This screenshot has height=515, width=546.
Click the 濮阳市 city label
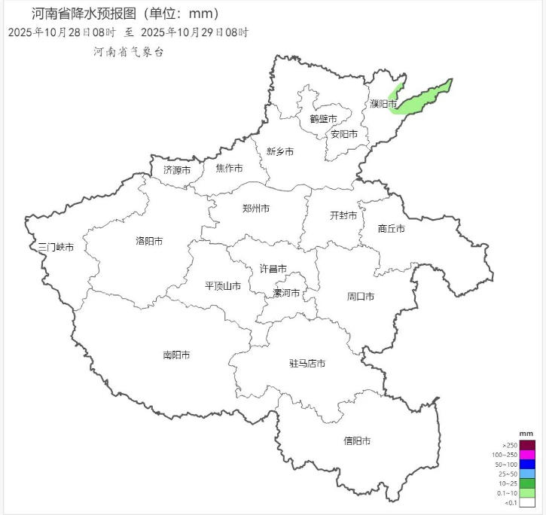(x=383, y=103)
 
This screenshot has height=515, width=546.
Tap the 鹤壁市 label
(x=323, y=118)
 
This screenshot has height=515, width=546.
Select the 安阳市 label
(x=343, y=134)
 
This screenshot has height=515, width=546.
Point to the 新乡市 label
(x=279, y=151)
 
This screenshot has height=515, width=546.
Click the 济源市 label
(x=177, y=169)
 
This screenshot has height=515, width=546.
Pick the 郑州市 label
(x=256, y=209)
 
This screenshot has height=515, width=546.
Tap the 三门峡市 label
(x=56, y=247)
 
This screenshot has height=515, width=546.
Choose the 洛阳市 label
(x=149, y=241)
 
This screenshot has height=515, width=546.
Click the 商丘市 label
(x=391, y=228)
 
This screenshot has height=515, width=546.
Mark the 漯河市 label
(x=286, y=293)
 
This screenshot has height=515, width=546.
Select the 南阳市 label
(x=176, y=355)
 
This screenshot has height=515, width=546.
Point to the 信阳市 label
(x=357, y=441)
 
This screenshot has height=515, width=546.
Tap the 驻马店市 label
(x=307, y=364)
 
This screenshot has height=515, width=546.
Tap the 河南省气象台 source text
(x=128, y=51)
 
